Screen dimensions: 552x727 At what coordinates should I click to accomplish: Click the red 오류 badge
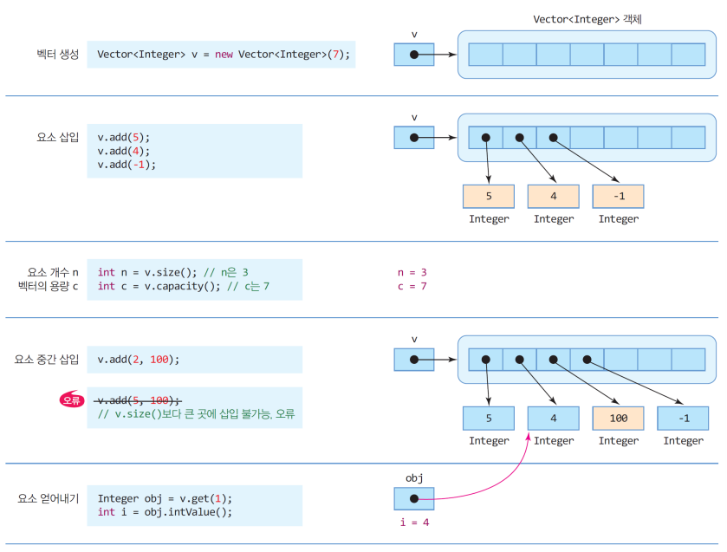click(72, 399)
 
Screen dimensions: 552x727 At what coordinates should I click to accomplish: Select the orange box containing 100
click(618, 418)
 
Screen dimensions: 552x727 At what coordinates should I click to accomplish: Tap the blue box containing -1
click(683, 418)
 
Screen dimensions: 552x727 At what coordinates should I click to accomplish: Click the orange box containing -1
click(618, 196)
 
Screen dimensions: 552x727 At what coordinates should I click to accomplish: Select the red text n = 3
click(412, 272)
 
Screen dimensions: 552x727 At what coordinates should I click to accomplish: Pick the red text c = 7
click(412, 286)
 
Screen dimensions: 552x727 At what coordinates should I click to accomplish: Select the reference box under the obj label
click(413, 498)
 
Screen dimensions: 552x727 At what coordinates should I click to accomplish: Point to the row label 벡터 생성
click(52, 55)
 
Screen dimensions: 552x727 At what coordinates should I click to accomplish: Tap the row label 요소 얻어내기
click(49, 498)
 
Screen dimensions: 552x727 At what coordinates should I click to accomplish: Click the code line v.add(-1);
click(127, 165)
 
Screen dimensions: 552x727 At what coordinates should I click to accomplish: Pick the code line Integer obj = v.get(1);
click(165, 498)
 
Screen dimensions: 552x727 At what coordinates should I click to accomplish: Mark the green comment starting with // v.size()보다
click(196, 414)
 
